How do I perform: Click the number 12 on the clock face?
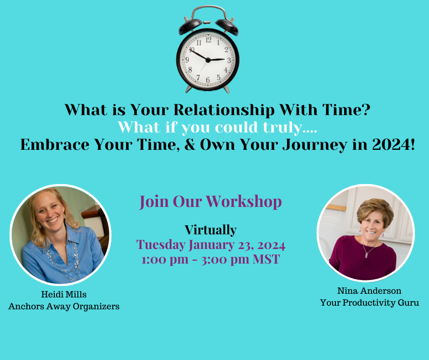[209, 40]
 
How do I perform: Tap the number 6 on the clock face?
[208, 80]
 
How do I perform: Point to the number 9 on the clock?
[187, 60]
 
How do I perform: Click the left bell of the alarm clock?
[190, 26]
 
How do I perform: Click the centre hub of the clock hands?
[208, 60]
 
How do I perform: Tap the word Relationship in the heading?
[224, 110]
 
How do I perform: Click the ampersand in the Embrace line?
[190, 145]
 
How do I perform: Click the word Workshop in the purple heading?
[244, 202]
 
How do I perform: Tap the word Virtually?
[211, 230]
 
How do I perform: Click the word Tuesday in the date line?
[161, 245]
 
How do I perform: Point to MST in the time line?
[266, 259]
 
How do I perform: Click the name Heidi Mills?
[64, 294]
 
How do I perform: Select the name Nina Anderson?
[369, 291]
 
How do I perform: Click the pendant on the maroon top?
[366, 255]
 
